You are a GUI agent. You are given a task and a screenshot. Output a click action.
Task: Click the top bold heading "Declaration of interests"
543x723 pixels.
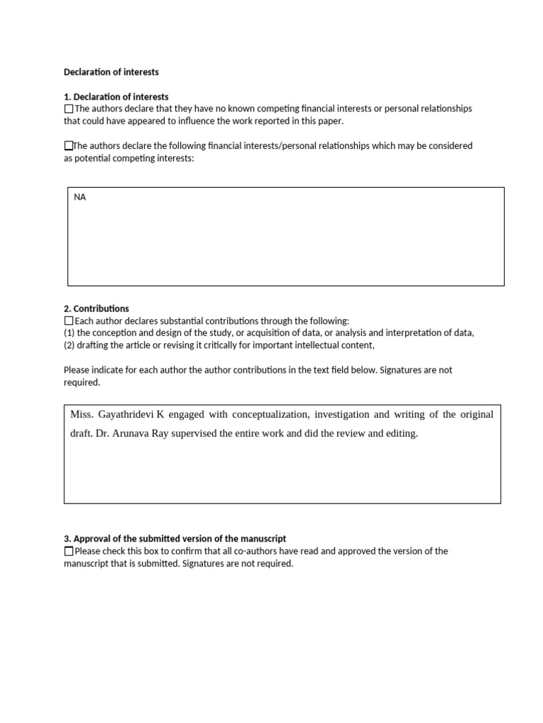coord(111,72)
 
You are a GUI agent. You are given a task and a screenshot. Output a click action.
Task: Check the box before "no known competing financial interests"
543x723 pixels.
coord(69,109)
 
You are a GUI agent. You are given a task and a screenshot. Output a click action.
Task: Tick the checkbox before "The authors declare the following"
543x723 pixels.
coord(69,146)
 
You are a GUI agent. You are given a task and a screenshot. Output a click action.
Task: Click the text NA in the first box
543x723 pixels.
coord(80,198)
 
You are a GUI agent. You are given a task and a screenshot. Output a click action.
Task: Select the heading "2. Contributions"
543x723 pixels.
coord(96,309)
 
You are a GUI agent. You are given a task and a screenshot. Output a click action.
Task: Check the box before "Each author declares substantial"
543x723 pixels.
coord(69,321)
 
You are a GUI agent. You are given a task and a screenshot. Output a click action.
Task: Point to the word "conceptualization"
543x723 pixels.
coord(267,414)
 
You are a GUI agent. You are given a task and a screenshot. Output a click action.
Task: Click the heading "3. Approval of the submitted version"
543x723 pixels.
coord(175,539)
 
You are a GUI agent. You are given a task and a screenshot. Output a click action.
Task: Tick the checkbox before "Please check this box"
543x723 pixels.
coord(69,551)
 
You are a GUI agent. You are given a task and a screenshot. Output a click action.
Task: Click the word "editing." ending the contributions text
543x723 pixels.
coord(401,434)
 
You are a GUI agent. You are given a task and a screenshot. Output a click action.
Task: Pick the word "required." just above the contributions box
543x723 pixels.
coord(82,383)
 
